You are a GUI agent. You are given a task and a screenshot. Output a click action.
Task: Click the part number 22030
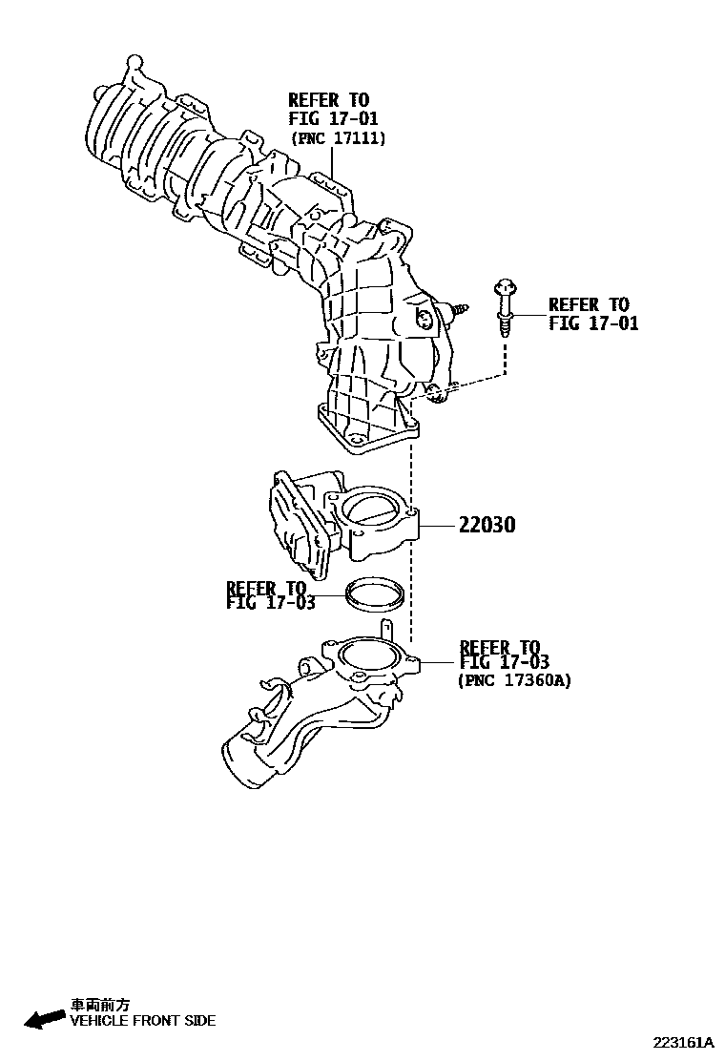pyautogui.click(x=487, y=525)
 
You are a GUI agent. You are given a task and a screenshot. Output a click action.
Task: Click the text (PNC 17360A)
pyautogui.click(x=514, y=681)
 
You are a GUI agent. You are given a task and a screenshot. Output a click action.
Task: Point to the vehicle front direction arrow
pyautogui.click(x=44, y=1020)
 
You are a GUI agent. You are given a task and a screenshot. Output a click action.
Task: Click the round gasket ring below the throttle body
pyautogui.click(x=371, y=595)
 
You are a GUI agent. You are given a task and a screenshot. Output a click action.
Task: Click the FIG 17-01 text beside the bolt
pyautogui.click(x=593, y=322)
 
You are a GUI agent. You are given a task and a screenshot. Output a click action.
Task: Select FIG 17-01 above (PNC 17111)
pyautogui.click(x=333, y=118)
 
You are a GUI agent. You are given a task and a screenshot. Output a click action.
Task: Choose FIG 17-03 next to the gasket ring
pyautogui.click(x=266, y=602)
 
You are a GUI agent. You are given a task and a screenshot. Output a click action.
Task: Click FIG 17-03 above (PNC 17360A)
pyautogui.click(x=504, y=662)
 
